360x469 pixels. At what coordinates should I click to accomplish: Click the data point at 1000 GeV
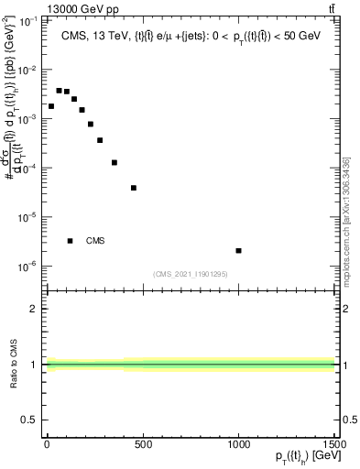pyautogui.click(x=238, y=250)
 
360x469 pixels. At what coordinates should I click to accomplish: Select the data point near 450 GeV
pyautogui.click(x=134, y=188)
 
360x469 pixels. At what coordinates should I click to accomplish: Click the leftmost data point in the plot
pyautogui.click(x=51, y=106)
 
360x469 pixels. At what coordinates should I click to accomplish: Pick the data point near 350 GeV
pyautogui.click(x=115, y=163)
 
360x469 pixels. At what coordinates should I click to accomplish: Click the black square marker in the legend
pyautogui.click(x=71, y=241)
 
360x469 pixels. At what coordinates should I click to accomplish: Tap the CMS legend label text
pyautogui.click(x=95, y=241)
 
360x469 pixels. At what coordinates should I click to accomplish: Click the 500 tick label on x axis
pyautogui.click(x=142, y=444)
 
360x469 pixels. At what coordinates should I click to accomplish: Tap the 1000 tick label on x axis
pyautogui.click(x=238, y=444)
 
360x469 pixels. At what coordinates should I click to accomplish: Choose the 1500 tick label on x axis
pyautogui.click(x=333, y=444)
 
